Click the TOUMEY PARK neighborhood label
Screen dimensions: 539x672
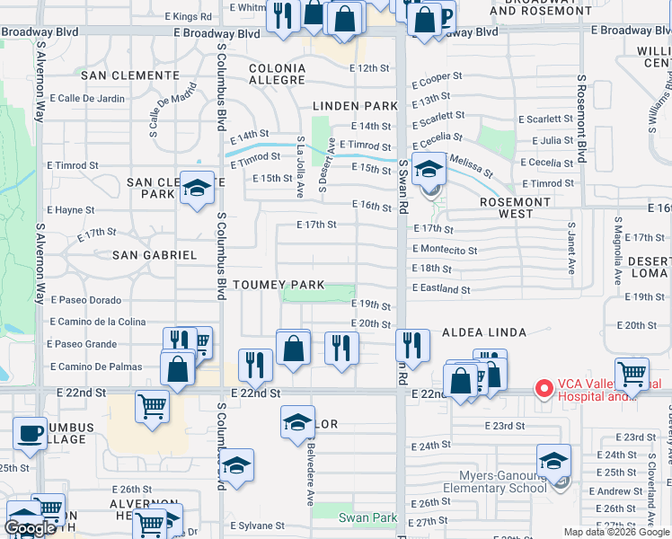pos(279,285)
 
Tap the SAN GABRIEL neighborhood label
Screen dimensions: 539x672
pos(155,255)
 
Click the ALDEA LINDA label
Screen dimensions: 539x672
pos(479,332)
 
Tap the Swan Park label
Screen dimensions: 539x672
pos(367,517)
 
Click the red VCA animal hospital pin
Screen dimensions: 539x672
pos(544,389)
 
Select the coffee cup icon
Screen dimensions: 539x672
pos(30,433)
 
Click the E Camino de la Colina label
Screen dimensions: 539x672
pos(97,322)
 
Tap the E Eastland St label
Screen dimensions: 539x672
pos(441,289)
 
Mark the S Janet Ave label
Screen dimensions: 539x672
pos(570,247)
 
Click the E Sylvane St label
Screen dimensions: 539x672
pos(257,526)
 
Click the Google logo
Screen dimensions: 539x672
pos(30,528)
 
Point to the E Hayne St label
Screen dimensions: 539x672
pos(71,210)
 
